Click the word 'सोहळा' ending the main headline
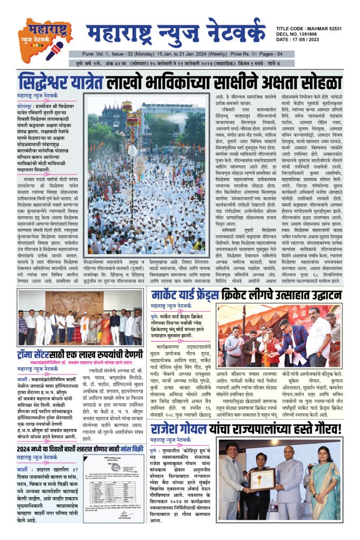coord(316,83)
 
